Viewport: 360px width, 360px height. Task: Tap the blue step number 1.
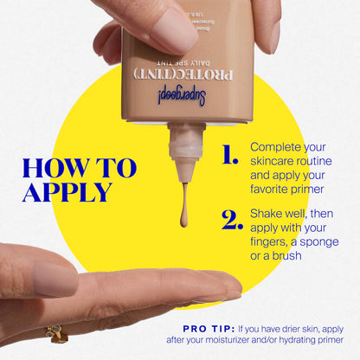point(229,156)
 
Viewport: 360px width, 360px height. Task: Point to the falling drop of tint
point(184,217)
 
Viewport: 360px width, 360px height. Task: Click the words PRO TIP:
point(209,328)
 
